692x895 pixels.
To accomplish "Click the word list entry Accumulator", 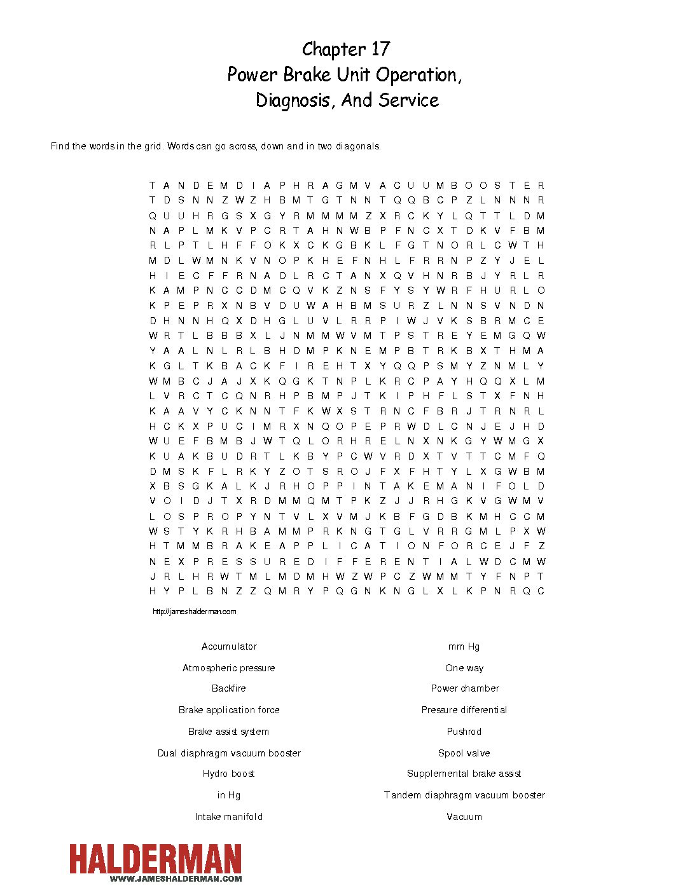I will tap(229, 646).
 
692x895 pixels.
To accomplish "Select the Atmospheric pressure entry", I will tap(229, 668).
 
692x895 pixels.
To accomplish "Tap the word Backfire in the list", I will tap(229, 688).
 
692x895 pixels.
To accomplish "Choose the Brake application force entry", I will tap(229, 710).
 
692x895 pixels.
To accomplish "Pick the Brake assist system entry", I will tap(229, 732).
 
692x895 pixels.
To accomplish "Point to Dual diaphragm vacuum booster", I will tap(229, 753).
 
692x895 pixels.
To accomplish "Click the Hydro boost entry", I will tap(229, 774).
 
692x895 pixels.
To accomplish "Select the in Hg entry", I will tap(229, 795).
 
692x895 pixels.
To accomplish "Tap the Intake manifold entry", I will tap(229, 817).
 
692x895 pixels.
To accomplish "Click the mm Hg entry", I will tap(464, 646).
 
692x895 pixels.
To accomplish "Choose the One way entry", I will tap(464, 668).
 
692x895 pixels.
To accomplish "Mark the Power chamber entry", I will tap(464, 688).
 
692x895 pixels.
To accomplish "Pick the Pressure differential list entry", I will tap(464, 710).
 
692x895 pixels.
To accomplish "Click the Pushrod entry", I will tap(464, 732).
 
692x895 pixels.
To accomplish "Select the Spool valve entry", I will tap(464, 753).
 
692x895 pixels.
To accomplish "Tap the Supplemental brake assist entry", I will tap(464, 774).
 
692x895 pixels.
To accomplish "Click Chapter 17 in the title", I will tap(346, 50).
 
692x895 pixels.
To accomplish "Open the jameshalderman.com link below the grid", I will tap(195, 611).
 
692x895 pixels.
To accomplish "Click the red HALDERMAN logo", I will tap(156, 859).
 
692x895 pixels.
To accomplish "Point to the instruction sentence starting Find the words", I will tap(216, 146).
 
